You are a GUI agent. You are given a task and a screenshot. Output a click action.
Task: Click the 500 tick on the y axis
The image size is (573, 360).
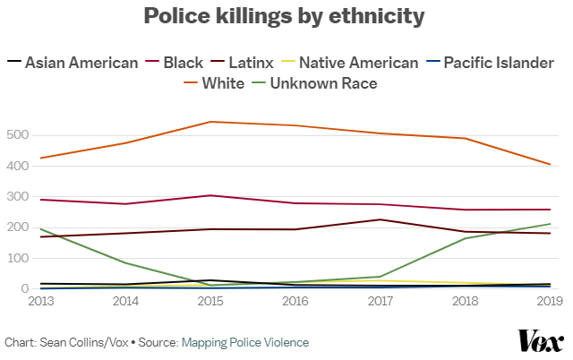(x=18, y=135)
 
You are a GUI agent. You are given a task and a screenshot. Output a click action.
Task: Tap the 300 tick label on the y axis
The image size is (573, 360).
(x=18, y=197)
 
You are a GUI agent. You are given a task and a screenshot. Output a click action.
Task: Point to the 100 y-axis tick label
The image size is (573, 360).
(x=18, y=259)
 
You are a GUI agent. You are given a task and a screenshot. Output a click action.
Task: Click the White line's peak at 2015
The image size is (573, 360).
(x=210, y=122)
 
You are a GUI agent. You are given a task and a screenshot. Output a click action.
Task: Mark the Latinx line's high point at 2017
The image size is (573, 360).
(x=381, y=219)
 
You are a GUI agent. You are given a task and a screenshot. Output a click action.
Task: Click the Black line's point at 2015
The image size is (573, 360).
(x=210, y=195)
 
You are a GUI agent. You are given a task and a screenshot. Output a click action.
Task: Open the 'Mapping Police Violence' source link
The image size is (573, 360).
(x=244, y=342)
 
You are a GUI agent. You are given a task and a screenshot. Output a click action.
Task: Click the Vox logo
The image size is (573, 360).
(x=541, y=340)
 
